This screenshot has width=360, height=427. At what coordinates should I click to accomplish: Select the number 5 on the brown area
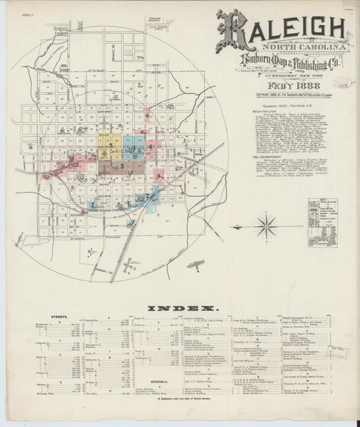click(x=122, y=164)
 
